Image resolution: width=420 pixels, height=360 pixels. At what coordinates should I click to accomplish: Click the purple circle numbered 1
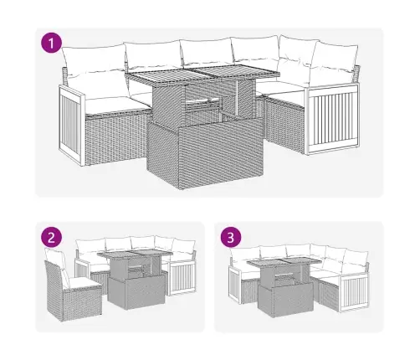[51, 43]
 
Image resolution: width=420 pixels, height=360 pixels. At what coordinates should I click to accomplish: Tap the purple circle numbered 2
[51, 238]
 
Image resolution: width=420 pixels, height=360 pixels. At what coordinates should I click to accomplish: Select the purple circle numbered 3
[231, 238]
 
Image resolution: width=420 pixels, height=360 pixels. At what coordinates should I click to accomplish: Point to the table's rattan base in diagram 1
[205, 153]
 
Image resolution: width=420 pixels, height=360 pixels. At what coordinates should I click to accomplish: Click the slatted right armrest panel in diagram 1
[332, 119]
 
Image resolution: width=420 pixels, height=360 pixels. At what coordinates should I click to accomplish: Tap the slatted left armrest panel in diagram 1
[71, 125]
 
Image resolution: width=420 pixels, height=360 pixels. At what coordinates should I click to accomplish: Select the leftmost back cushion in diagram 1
[94, 60]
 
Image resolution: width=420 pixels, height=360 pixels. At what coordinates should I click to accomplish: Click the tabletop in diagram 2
[135, 255]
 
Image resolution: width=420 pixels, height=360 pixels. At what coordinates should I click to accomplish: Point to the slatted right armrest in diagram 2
[182, 277]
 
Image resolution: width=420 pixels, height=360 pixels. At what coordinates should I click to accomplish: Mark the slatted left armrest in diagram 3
[235, 285]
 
